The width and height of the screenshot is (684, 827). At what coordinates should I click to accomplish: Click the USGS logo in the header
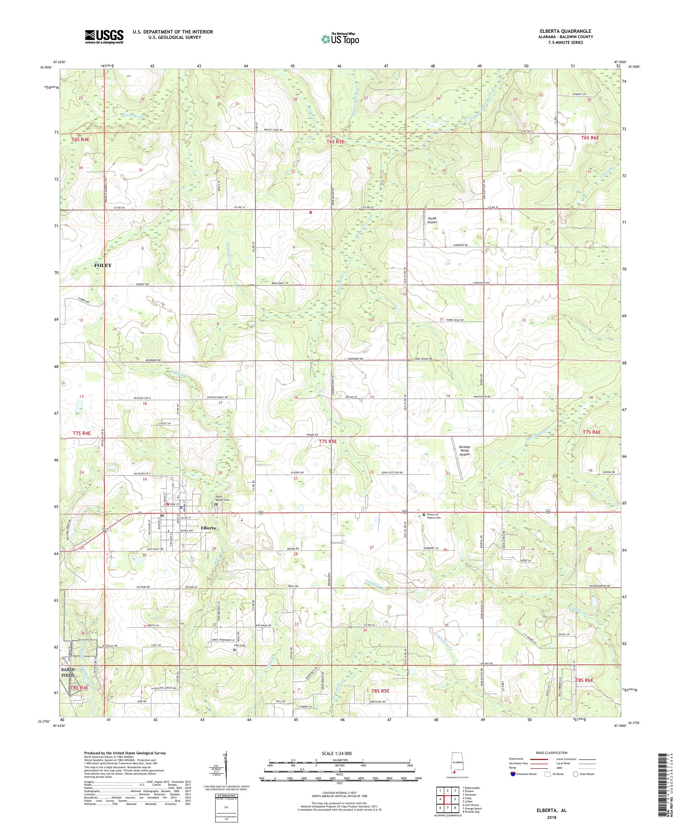pyautogui.click(x=104, y=37)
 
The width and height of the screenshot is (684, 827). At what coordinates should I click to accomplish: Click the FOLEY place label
pyautogui.click(x=103, y=266)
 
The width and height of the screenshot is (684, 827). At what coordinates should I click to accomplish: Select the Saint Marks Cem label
pyautogui.click(x=222, y=499)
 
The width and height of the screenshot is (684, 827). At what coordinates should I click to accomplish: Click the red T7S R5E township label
pyautogui.click(x=328, y=441)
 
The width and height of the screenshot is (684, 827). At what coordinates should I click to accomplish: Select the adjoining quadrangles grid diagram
pyautogui.click(x=447, y=800)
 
